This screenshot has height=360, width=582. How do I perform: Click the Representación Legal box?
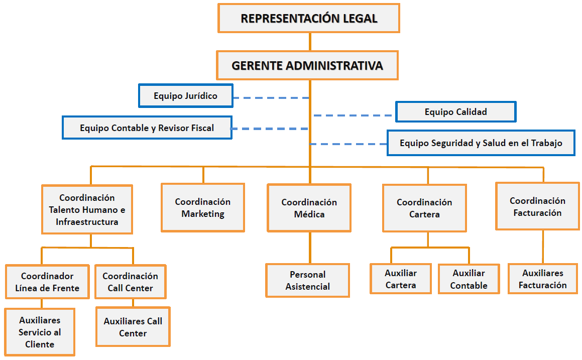coord(309,19)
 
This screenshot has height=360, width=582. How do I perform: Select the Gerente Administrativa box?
coord(307,65)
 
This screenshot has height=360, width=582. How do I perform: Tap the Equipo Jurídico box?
coord(186,95)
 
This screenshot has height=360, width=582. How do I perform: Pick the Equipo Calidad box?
coord(455,112)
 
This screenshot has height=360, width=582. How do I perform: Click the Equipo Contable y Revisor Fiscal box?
coord(147,128)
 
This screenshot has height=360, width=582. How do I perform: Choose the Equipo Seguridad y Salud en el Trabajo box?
coord(481,143)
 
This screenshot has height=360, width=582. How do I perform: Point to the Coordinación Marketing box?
coord(203,207)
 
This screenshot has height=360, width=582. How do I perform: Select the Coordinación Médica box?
coord(309,208)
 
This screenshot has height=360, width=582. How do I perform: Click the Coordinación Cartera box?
coord(424,208)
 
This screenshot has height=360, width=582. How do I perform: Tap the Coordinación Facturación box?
coord(537,206)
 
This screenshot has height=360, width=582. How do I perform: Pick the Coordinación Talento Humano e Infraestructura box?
coord(87,209)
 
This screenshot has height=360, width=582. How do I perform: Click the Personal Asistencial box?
coord(307,281)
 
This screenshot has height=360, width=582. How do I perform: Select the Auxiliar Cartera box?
coord(400,279)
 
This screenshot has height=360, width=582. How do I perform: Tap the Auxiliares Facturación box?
coord(542,279)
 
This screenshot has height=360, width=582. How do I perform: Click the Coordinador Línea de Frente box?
coord(47,282)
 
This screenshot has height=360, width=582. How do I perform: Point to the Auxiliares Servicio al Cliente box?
coord(40,332)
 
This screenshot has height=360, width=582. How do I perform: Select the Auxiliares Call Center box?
coord(133,327)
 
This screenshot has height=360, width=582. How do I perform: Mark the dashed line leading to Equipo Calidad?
coord(354,115)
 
